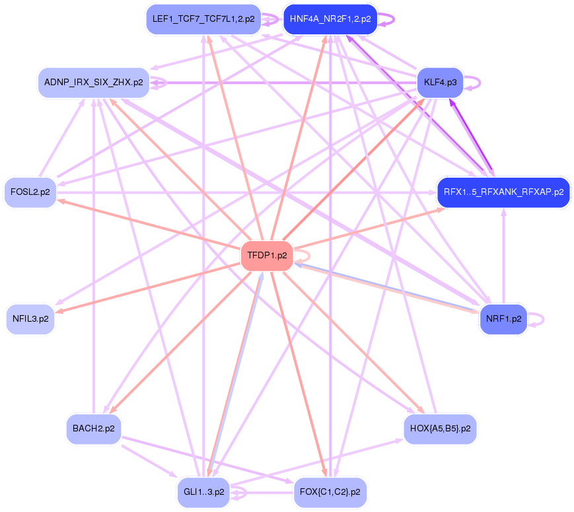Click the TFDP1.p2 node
point(267,256)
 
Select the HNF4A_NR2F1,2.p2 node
point(330,19)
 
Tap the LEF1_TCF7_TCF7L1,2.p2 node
point(203,19)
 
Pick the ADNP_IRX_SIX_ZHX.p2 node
point(93,83)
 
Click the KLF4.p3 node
point(441,83)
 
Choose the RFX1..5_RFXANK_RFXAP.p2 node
point(503,192)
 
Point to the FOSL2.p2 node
point(30,192)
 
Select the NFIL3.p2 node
point(30,319)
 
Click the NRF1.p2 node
point(503,319)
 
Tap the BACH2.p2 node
point(94,429)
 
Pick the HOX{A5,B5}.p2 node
point(440,429)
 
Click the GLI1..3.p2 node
point(203,492)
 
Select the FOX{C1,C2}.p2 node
point(330,492)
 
